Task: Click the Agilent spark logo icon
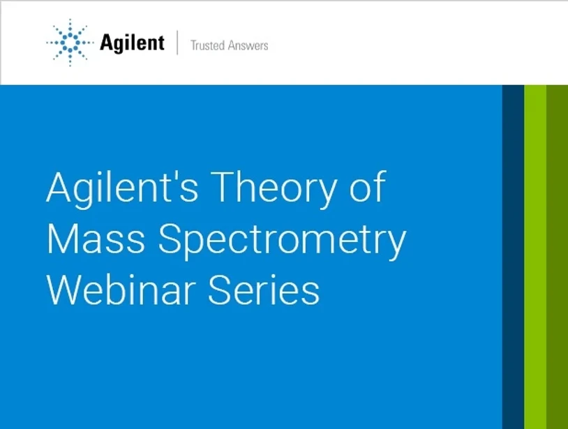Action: (70, 43)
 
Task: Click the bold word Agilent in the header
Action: (132, 43)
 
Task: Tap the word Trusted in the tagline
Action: (208, 45)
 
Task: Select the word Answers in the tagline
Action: (248, 45)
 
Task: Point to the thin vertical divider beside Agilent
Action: (177, 43)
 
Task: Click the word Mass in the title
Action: (96, 239)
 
